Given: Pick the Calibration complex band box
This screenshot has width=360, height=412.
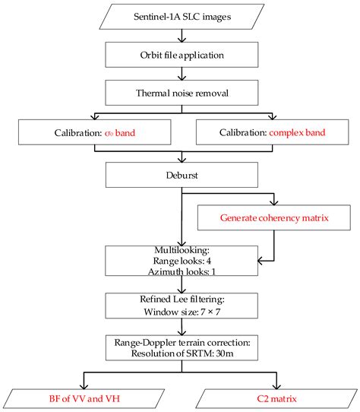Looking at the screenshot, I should pyautogui.click(x=271, y=134).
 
